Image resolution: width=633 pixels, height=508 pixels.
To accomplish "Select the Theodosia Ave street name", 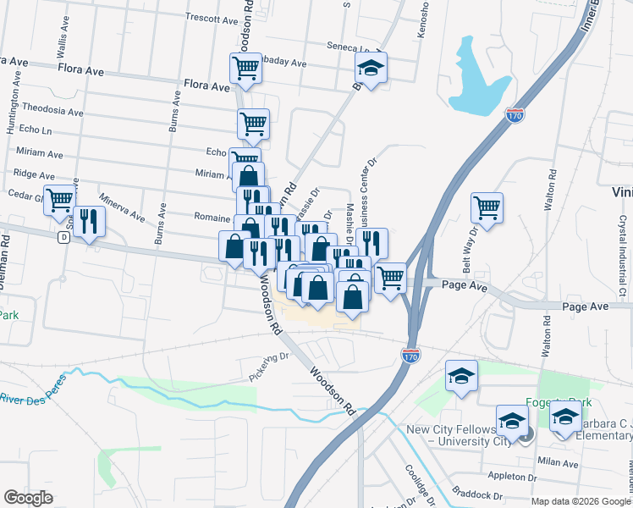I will click(52, 111).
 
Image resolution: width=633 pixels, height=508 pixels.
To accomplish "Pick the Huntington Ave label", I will click(11, 108).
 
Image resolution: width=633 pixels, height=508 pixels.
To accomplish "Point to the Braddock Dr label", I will click(476, 494).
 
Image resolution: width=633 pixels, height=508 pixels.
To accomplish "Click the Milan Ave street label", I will click(558, 461).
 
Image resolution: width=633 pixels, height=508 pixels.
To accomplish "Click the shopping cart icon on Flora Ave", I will click(245, 68).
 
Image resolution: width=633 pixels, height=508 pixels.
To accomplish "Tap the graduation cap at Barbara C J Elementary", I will click(565, 417).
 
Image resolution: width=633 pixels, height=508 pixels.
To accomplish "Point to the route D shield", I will click(63, 238).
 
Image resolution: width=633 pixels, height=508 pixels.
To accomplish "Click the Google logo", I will click(28, 498).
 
